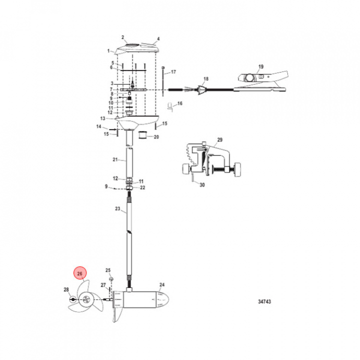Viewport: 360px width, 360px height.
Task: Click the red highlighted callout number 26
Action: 79,273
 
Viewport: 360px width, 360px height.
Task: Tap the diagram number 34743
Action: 264,301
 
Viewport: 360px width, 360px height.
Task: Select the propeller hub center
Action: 86,299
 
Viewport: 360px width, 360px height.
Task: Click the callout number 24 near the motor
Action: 162,284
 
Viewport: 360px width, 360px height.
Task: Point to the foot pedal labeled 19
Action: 261,81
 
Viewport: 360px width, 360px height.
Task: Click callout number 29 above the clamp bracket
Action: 219,139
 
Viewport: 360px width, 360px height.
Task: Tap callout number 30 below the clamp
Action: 202,185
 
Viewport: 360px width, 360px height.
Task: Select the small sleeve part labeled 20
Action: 142,135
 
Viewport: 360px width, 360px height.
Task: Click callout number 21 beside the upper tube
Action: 115,159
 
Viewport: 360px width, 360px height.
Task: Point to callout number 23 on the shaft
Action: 117,208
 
